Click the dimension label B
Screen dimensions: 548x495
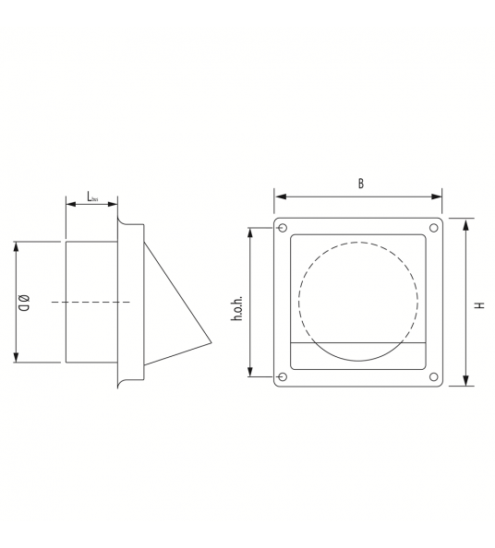coord(360,183)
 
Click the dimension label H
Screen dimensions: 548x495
coord(480,304)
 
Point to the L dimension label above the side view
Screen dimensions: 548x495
coord(92,197)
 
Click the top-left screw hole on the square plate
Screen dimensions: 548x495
coord(283,228)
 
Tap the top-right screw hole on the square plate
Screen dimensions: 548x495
coord(433,228)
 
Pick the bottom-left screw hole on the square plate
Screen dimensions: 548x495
coord(283,376)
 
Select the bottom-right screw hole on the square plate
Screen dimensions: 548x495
coord(433,376)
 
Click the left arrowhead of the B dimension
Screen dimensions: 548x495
coord(279,197)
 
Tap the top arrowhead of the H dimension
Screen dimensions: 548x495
coord(466,223)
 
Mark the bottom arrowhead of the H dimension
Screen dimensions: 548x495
coord(466,380)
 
